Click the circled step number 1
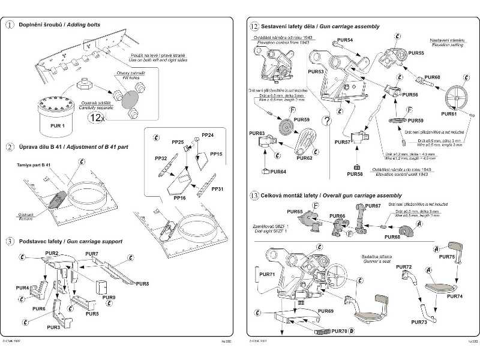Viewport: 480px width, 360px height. (x=10, y=25)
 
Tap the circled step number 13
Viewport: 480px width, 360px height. (x=254, y=195)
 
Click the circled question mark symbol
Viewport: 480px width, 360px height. (x=326, y=120)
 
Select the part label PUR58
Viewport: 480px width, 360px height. (x=355, y=174)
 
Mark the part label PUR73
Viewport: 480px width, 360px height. (x=419, y=323)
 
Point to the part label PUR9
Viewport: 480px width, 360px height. (x=109, y=297)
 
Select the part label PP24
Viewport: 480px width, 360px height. (x=207, y=136)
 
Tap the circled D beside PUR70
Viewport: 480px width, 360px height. (x=352, y=331)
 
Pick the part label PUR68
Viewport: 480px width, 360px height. (x=392, y=237)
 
